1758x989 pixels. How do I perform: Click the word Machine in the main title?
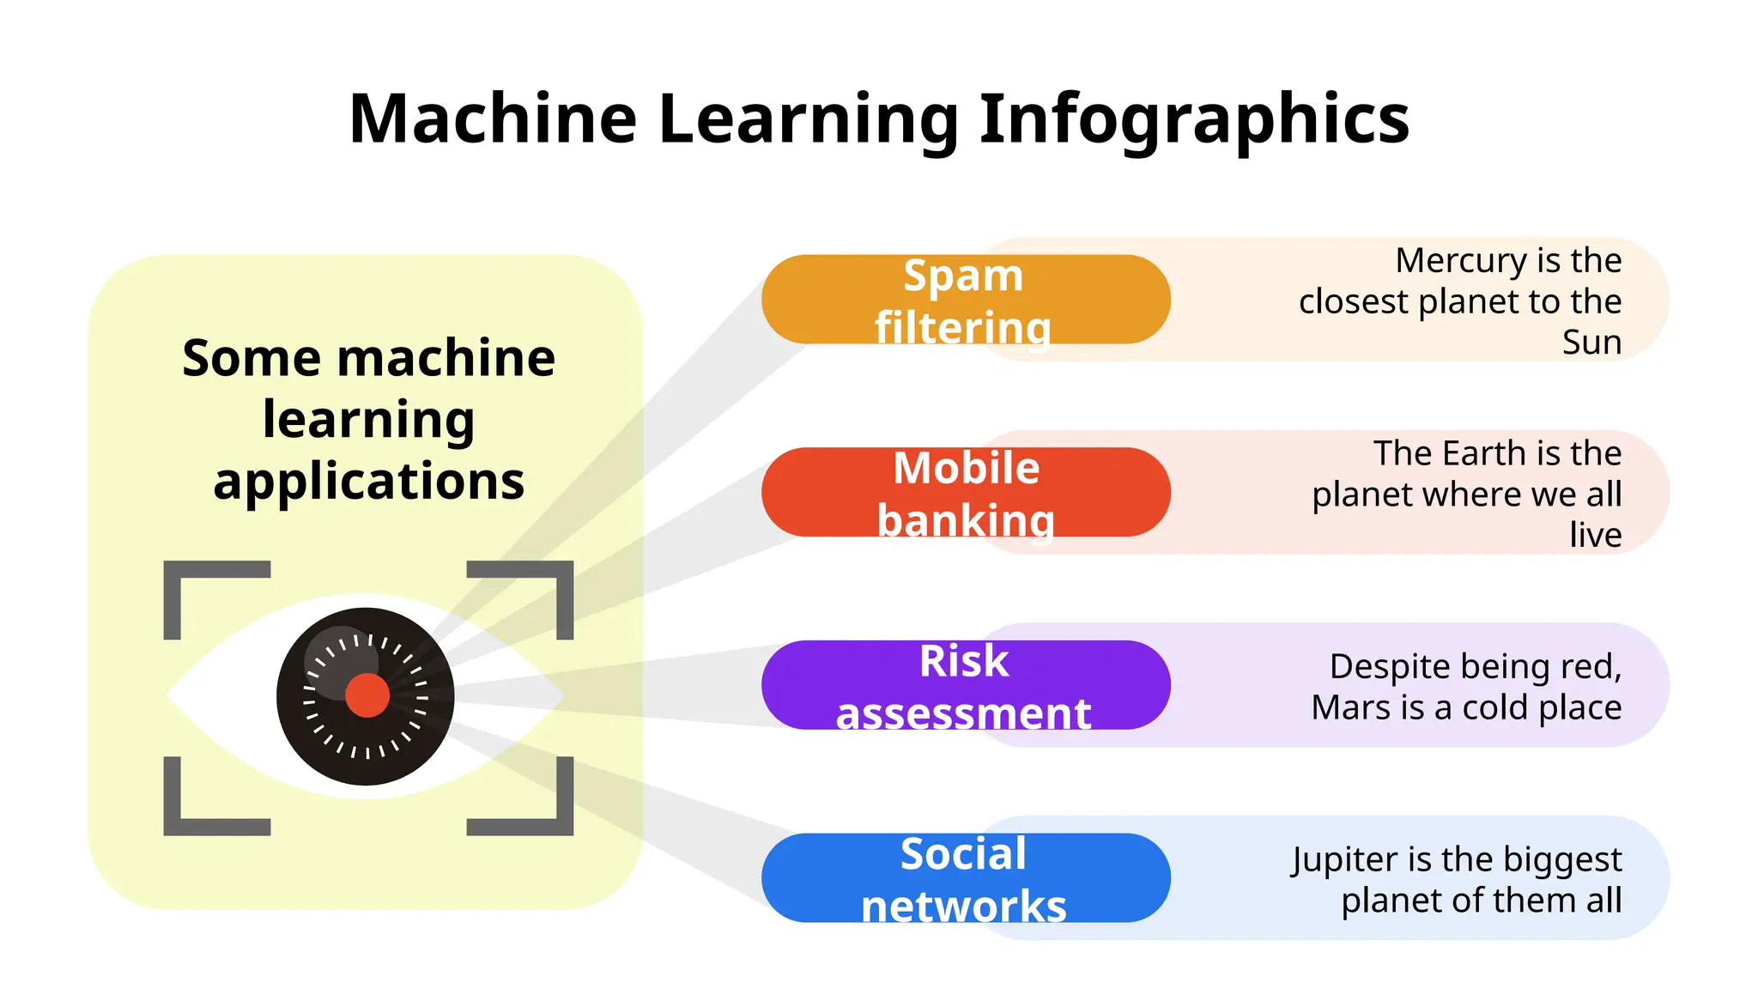(493, 118)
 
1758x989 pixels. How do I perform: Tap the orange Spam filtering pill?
(965, 300)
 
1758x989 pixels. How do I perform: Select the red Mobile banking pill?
(965, 493)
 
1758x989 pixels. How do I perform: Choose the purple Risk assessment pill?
(965, 686)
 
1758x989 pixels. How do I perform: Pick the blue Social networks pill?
(965, 878)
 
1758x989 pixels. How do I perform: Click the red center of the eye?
(367, 695)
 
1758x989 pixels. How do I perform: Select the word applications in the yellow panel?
(369, 482)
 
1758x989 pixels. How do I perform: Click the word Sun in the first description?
(1591, 343)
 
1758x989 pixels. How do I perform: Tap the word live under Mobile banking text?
(1595, 535)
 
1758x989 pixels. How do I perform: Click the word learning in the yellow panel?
(369, 420)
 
